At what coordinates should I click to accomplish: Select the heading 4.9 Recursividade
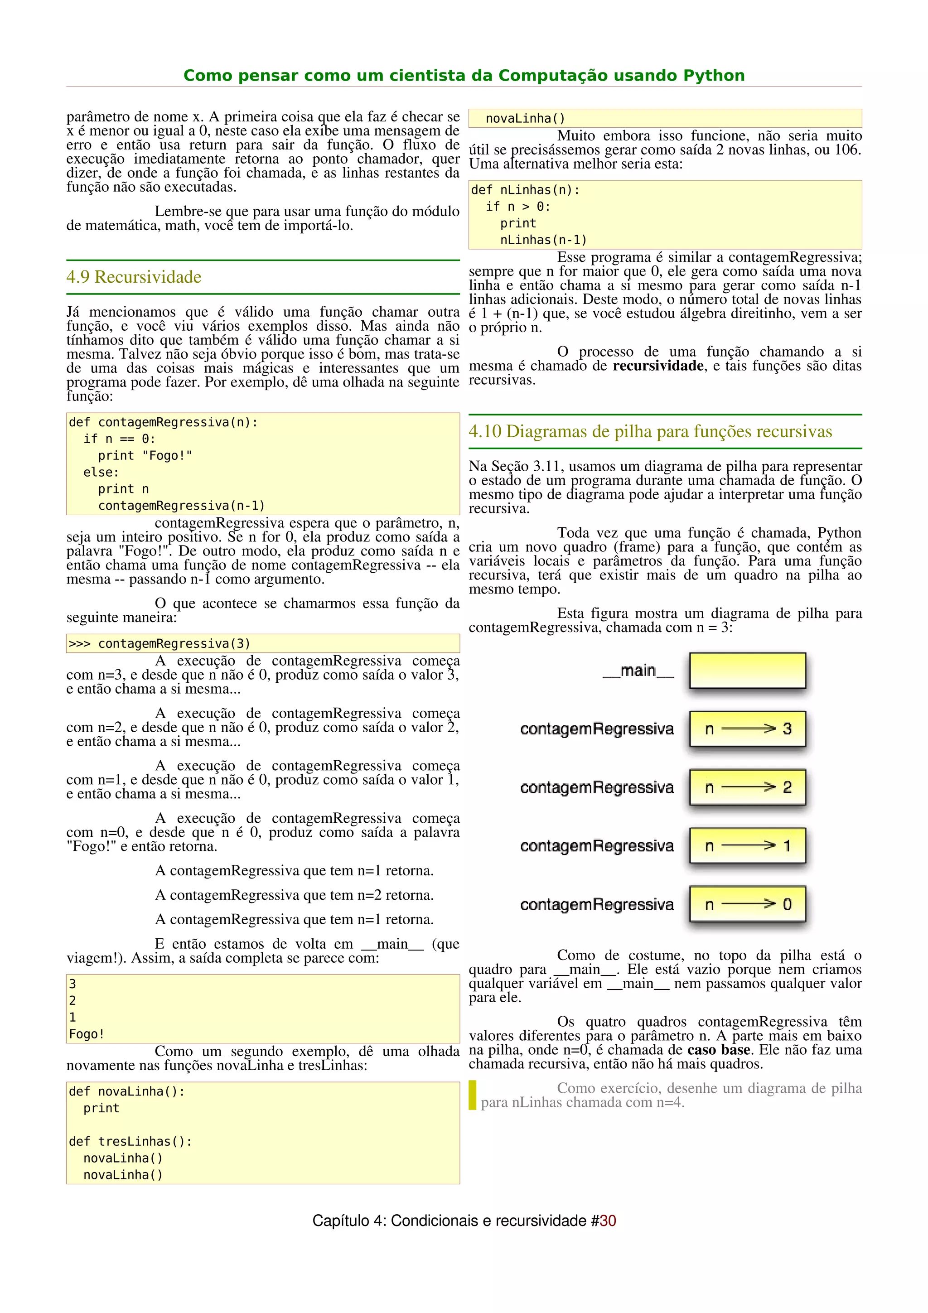pos(134,277)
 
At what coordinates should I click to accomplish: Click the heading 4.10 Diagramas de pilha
pos(650,431)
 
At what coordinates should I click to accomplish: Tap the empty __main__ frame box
pos(747,671)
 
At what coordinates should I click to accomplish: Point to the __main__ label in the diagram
pos(638,671)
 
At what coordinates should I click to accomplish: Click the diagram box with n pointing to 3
pos(747,729)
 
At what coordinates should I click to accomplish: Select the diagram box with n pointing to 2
pos(747,787)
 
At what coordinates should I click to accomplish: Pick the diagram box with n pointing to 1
pos(747,846)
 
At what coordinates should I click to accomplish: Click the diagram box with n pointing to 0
pos(747,904)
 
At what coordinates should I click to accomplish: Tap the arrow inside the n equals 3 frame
pos(748,729)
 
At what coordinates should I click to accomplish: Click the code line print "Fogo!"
pos(145,456)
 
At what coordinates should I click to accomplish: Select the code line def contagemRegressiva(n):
pos(163,423)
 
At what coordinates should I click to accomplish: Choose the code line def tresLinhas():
pos(130,1141)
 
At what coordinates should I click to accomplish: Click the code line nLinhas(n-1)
pos(543,240)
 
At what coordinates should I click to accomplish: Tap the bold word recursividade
pos(657,366)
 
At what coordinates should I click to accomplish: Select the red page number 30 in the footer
pos(608,1221)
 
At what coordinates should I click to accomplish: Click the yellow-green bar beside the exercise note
pos(472,1095)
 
